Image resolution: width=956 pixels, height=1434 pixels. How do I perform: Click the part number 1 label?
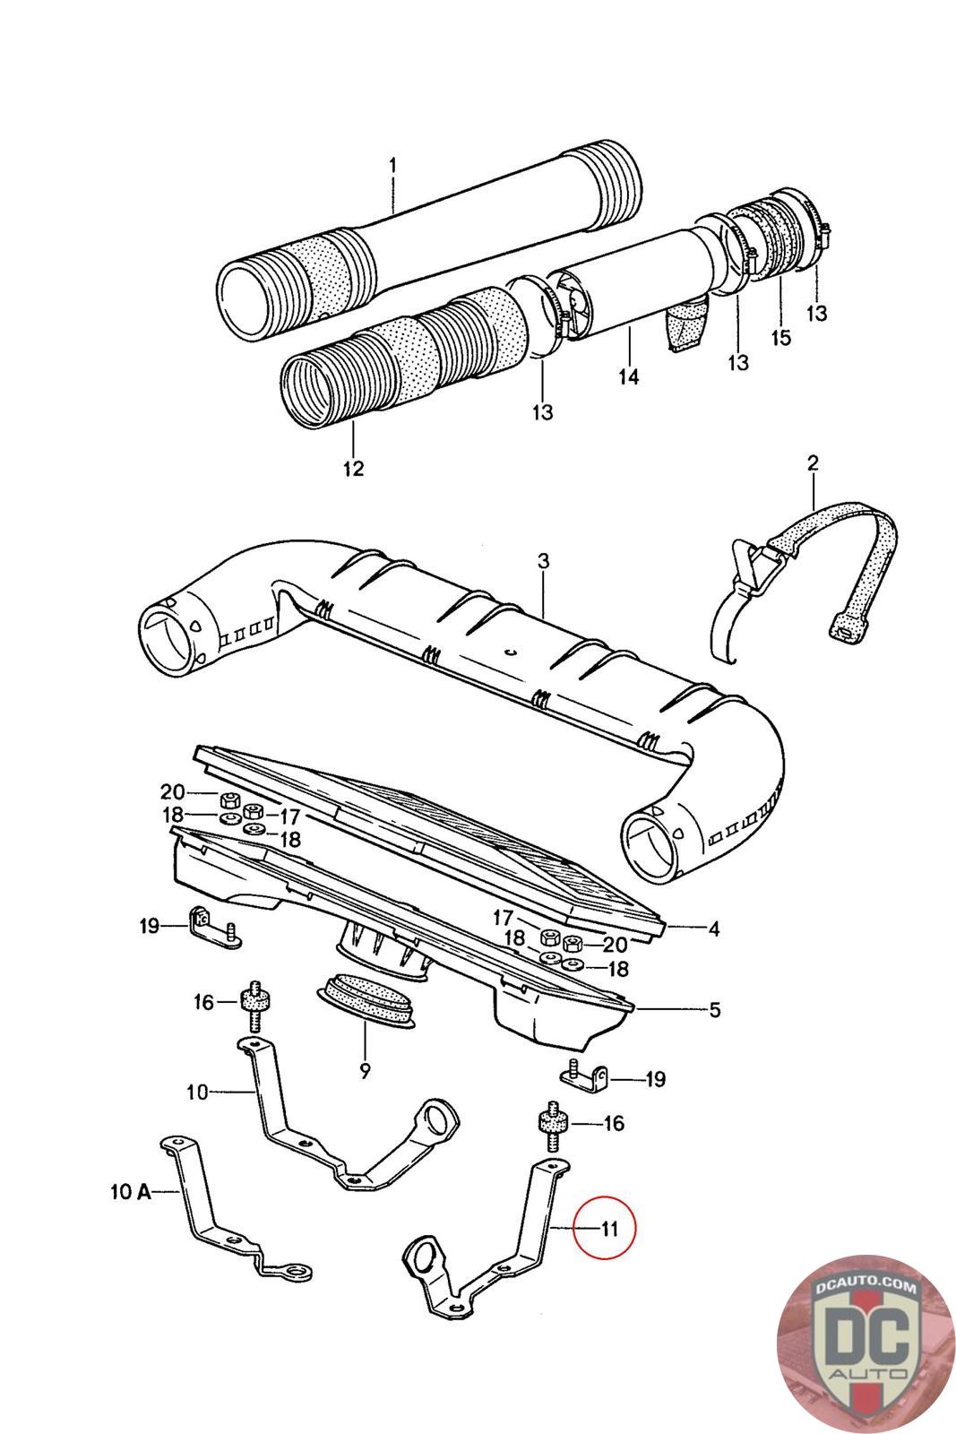[392, 167]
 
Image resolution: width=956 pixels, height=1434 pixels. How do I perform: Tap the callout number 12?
[353, 469]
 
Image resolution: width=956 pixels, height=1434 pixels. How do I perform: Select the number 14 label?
[628, 376]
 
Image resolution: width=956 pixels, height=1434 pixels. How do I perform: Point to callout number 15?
[780, 337]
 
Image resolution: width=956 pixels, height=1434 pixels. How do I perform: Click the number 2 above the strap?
[813, 462]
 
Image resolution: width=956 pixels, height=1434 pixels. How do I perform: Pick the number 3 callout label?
[543, 561]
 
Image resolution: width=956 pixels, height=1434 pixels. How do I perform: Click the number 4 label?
[715, 929]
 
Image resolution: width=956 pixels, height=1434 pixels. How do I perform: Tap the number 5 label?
[715, 1010]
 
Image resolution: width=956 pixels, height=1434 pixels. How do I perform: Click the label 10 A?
[131, 1191]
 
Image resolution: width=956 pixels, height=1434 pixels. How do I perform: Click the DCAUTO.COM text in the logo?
[865, 1287]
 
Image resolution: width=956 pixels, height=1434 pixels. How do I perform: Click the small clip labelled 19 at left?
[213, 927]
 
